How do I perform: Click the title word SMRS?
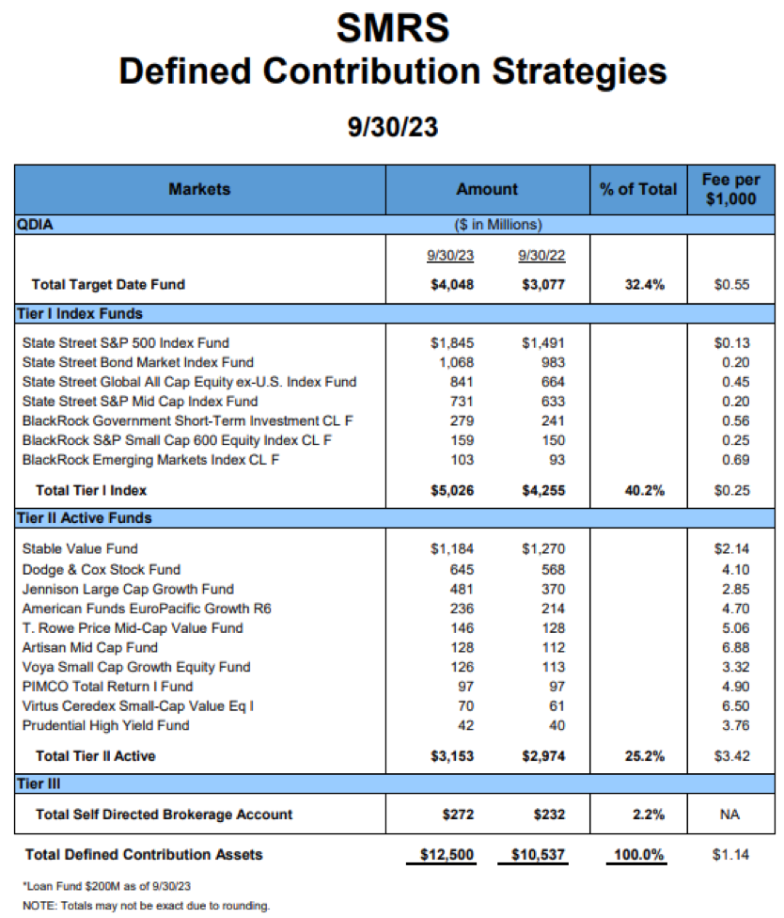(393, 27)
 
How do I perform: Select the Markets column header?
(199, 189)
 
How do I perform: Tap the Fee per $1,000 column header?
(730, 189)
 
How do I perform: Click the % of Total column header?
(638, 189)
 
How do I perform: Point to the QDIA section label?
(35, 224)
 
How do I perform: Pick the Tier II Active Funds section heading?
(85, 518)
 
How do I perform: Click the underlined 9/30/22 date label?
(541, 255)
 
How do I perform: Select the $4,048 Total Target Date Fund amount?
(452, 285)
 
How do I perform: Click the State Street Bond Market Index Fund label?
(138, 362)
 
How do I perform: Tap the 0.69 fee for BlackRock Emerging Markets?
(735, 460)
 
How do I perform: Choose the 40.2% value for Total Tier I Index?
(645, 491)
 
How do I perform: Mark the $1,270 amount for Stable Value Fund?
(543, 548)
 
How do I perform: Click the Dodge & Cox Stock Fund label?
(102, 569)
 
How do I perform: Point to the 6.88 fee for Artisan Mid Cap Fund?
(735, 647)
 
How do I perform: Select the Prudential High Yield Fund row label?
(106, 725)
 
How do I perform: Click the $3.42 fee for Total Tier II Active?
(732, 756)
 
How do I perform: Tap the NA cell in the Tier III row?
(729, 815)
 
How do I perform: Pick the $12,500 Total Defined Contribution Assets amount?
(447, 854)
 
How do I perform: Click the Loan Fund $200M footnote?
(106, 886)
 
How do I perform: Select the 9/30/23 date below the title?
(393, 127)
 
